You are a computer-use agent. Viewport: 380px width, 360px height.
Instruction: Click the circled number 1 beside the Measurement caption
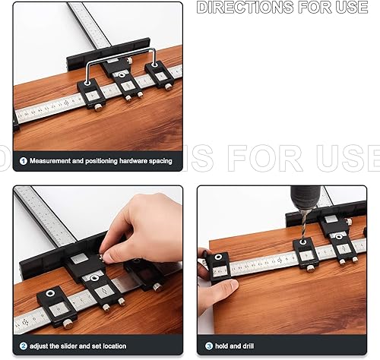tap(23, 161)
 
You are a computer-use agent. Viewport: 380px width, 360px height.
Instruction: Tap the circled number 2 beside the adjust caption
tap(23, 346)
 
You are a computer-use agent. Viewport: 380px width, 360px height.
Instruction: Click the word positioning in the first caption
tap(97, 161)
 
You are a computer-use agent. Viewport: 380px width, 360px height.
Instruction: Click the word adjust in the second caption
tap(41, 346)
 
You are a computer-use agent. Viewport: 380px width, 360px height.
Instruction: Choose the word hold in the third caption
tap(222, 346)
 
